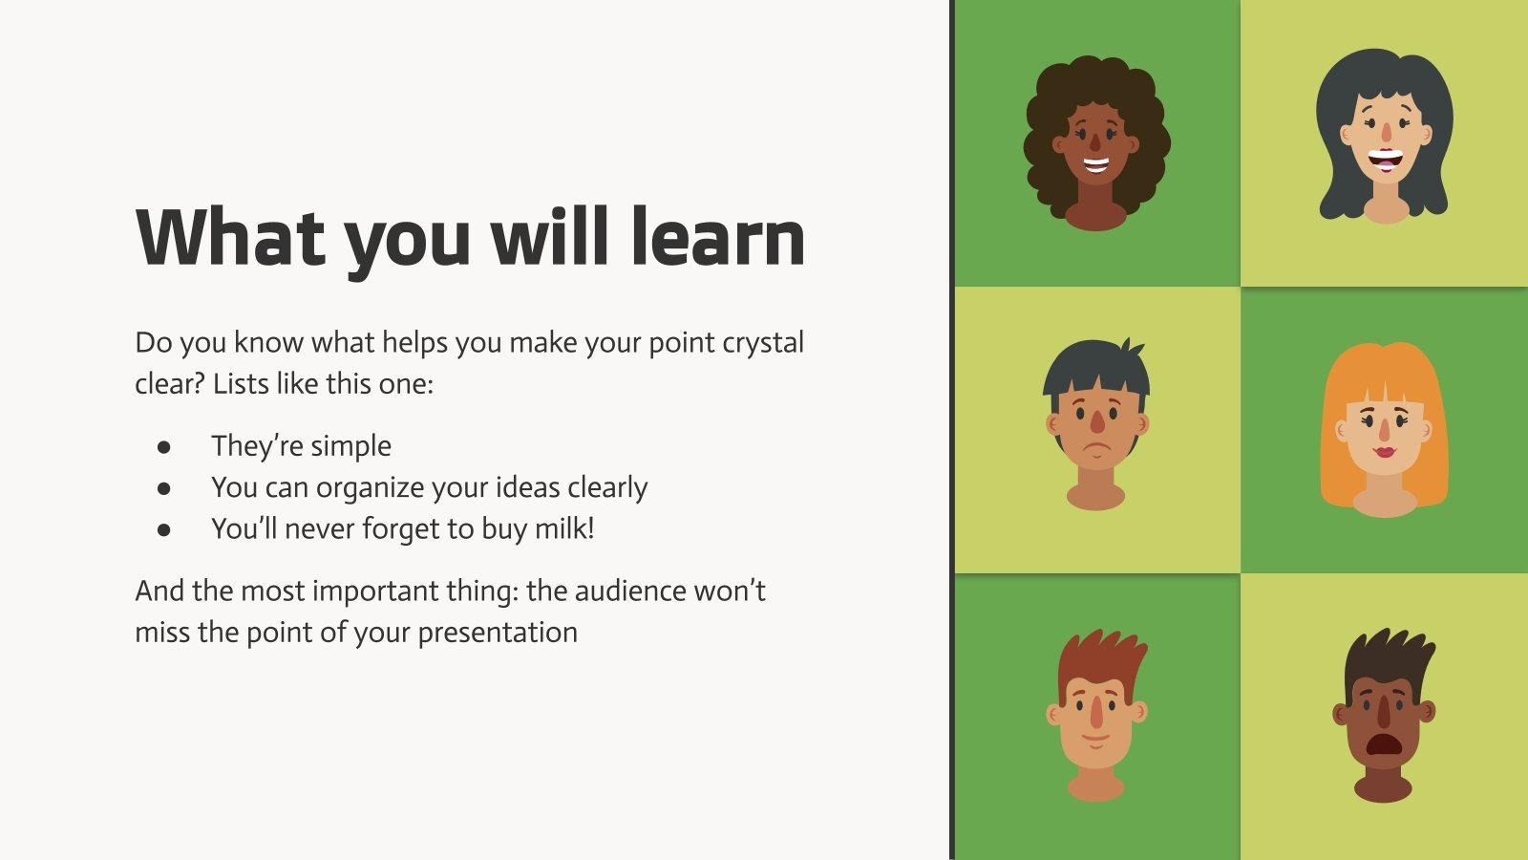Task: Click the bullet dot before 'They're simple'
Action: pyautogui.click(x=164, y=446)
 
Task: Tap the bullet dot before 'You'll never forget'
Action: pyautogui.click(x=164, y=529)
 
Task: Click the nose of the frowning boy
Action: pyautogui.click(x=1097, y=421)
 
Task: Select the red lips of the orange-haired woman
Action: pyautogui.click(x=1384, y=451)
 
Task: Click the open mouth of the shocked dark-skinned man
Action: pyautogui.click(x=1382, y=744)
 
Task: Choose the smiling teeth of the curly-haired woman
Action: pyautogui.click(x=1095, y=165)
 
